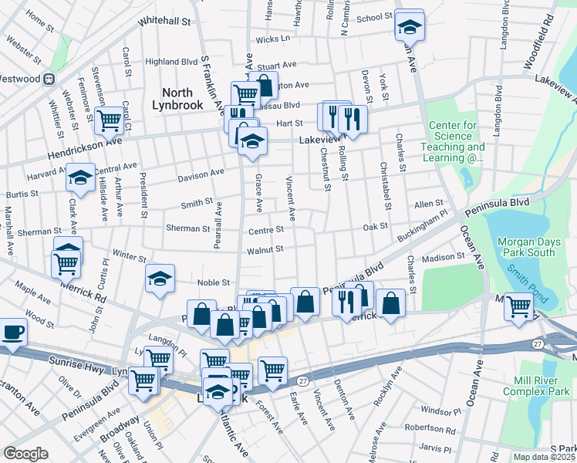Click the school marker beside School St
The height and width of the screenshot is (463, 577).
409,26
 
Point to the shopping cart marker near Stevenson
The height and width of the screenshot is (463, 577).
110,120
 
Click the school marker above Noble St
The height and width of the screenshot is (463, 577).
160,279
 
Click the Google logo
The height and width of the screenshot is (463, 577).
26,453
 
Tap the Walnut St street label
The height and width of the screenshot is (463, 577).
265,250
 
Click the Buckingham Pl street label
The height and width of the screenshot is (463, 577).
421,223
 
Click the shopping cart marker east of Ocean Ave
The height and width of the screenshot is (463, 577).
518,307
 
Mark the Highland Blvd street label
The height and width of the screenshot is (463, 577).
171,62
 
